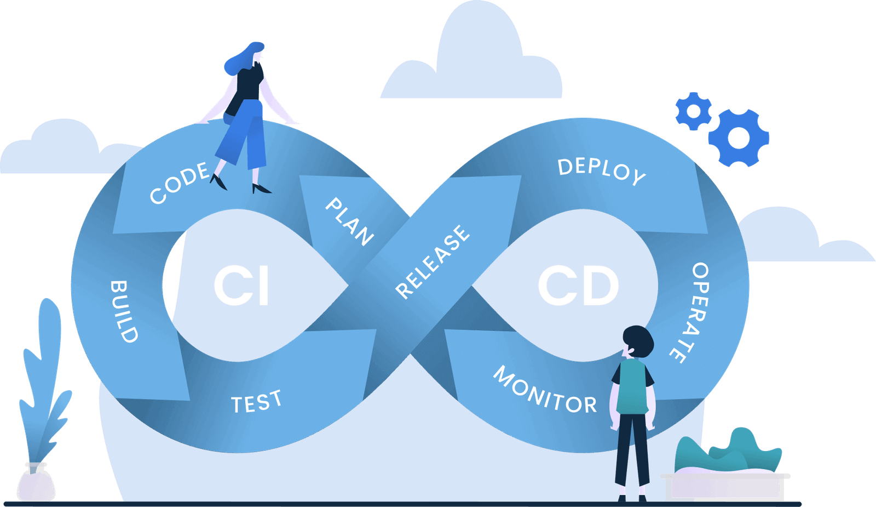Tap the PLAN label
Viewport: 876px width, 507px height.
349,221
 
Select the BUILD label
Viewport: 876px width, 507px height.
124,311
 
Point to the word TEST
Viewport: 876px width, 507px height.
256,403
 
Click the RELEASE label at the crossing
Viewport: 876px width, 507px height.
433,262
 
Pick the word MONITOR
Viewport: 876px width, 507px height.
545,391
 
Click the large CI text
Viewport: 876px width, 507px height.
241,286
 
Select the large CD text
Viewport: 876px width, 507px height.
578,286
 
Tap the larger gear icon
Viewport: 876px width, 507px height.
739,138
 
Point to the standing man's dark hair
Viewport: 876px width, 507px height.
638,340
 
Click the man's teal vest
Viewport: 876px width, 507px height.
632,386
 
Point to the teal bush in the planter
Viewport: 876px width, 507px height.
728,452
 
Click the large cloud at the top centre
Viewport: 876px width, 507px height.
476,60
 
